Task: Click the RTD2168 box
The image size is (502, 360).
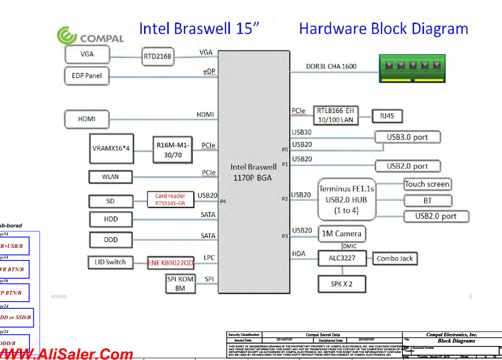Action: (157, 57)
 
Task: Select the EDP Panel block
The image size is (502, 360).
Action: (87, 75)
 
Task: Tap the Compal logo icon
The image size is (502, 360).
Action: (68, 36)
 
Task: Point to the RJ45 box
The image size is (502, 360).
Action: (387, 116)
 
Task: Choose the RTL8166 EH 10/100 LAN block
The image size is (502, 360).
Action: (335, 115)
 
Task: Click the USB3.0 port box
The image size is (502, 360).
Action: (407, 137)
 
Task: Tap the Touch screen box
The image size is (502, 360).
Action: (427, 184)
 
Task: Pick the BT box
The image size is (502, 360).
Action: (428, 201)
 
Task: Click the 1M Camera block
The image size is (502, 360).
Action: (341, 234)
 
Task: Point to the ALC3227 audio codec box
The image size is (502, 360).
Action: (341, 258)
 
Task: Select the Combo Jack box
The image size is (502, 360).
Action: (395, 259)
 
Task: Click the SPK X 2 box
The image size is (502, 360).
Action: (341, 284)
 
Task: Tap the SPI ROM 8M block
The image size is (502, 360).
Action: (180, 284)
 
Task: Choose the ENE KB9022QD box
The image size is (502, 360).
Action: (170, 263)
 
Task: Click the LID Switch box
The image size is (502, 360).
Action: (110, 262)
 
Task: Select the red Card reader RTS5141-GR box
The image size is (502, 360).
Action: (170, 200)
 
